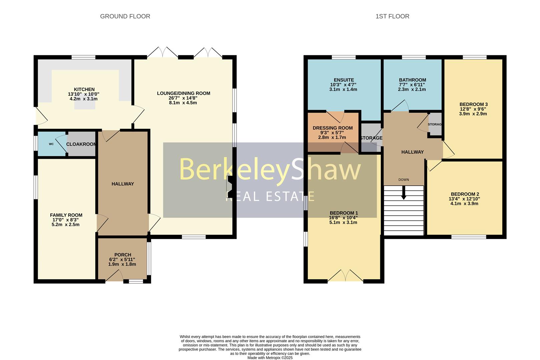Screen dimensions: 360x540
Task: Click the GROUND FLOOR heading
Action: [x=125, y=16]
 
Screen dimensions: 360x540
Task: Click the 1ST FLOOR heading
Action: [x=392, y=16]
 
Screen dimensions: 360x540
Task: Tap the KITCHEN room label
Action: [x=84, y=89]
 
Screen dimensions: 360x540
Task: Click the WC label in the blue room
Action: [x=51, y=144]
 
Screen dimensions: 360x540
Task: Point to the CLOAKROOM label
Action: [x=81, y=144]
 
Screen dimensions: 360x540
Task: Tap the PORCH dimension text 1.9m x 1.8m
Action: [x=122, y=264]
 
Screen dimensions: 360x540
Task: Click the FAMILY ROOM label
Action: [x=66, y=215]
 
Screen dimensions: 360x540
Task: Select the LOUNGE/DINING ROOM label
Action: [x=183, y=93]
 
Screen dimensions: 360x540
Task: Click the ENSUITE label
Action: [x=344, y=80]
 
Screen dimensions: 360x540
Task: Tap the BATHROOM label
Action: [x=412, y=80]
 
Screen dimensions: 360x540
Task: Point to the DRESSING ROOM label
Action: [x=333, y=128]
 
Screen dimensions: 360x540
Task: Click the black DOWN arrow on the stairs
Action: [x=404, y=193]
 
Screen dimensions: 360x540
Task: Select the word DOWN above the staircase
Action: [x=404, y=180]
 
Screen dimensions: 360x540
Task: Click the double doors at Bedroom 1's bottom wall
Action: [x=345, y=276]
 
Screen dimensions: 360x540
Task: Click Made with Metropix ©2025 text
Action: [x=270, y=358]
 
